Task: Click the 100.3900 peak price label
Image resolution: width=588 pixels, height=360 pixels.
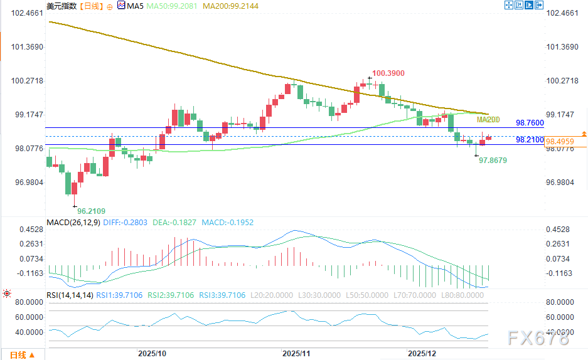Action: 388,73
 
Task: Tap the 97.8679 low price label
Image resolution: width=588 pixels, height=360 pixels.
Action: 493,161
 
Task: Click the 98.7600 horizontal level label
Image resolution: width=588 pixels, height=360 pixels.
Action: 530,122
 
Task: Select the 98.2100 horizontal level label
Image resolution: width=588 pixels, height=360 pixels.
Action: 530,140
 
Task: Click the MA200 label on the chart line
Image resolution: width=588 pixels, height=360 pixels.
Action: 488,120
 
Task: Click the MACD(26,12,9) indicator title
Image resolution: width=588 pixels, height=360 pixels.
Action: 73,223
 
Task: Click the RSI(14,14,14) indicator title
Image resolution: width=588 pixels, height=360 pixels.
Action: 70,295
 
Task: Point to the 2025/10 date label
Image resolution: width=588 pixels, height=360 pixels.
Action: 152,354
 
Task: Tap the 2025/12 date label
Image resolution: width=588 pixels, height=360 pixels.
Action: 422,354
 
